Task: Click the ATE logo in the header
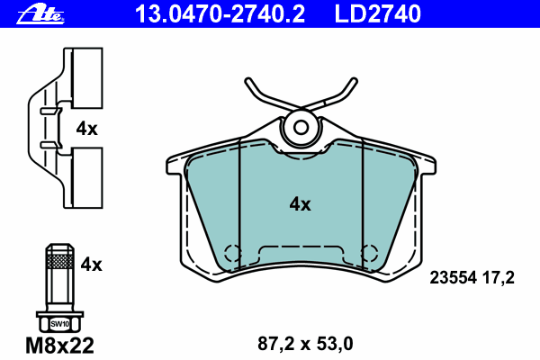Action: pos(40,14)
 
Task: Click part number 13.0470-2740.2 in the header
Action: pos(220,14)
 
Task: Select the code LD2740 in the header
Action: pos(377,14)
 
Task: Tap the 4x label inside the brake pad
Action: pos(300,204)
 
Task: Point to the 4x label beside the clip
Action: pos(86,129)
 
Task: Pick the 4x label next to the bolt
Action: pos(91,265)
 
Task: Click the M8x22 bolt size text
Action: pos(59,346)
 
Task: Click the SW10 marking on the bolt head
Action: pos(59,324)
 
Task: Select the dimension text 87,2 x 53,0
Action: pos(305,344)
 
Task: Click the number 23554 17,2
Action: pos(472,277)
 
